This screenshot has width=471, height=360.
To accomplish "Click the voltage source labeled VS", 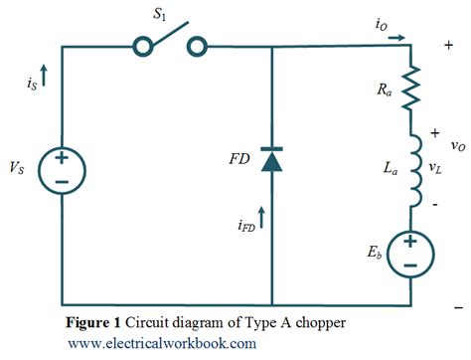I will pos(62,172).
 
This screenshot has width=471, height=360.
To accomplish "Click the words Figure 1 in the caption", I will pos(93,323).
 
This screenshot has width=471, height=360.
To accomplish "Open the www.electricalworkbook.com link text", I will pos(162,343).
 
